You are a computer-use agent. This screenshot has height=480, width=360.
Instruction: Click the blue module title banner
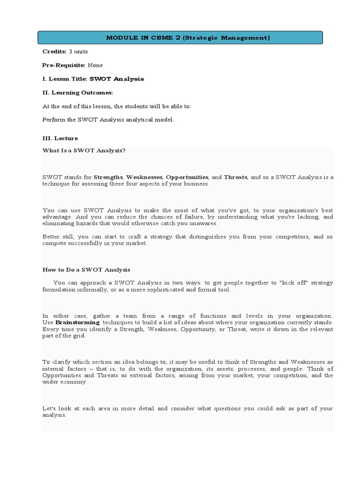180,38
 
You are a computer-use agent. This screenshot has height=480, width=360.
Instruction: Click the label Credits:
54,52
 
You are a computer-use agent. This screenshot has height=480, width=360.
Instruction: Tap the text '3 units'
78,52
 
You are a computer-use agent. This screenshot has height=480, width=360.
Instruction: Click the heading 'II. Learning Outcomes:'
78,93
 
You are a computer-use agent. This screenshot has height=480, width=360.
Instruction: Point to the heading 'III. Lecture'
60,139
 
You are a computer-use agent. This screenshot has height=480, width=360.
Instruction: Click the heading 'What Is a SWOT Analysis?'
84,150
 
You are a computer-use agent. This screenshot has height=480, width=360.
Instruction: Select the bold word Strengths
108,177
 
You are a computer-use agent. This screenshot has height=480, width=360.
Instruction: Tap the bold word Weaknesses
144,177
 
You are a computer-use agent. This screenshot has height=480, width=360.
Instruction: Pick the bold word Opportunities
187,177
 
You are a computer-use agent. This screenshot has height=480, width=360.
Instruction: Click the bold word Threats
236,177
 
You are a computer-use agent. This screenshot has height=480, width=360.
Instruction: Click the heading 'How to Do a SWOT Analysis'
86,270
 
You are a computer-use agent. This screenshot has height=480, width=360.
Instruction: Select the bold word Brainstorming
77,322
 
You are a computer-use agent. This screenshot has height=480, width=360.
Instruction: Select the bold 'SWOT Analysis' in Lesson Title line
117,79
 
